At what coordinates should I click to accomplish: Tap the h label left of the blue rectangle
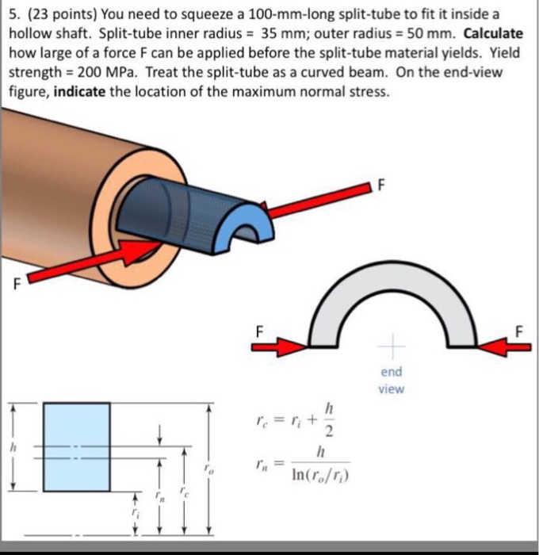point(12,449)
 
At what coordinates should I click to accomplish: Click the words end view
point(391,380)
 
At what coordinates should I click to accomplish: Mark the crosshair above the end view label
point(392,346)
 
